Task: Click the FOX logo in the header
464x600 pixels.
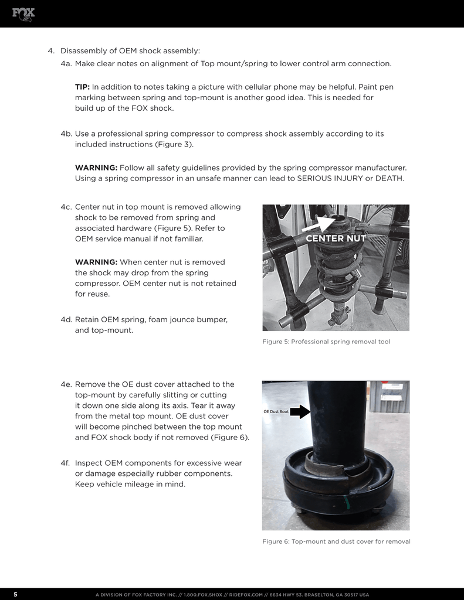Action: (23, 15)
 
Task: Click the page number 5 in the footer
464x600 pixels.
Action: (16, 594)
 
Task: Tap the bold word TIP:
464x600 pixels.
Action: (82, 87)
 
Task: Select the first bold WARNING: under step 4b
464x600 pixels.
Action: (96, 168)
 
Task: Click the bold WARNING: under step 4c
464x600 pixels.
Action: (96, 262)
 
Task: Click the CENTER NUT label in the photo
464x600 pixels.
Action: (336, 238)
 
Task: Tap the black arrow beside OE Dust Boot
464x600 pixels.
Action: (300, 412)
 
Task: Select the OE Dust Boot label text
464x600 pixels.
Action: (276, 412)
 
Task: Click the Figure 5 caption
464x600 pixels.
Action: (327, 342)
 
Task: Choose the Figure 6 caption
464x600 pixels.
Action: (336, 541)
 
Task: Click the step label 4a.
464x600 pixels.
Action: (66, 63)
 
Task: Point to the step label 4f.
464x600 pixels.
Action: (65, 463)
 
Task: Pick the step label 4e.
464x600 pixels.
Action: (66, 384)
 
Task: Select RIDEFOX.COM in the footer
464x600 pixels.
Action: (246, 595)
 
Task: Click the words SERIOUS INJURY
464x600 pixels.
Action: (330, 178)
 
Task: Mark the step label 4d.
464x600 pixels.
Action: (66, 319)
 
